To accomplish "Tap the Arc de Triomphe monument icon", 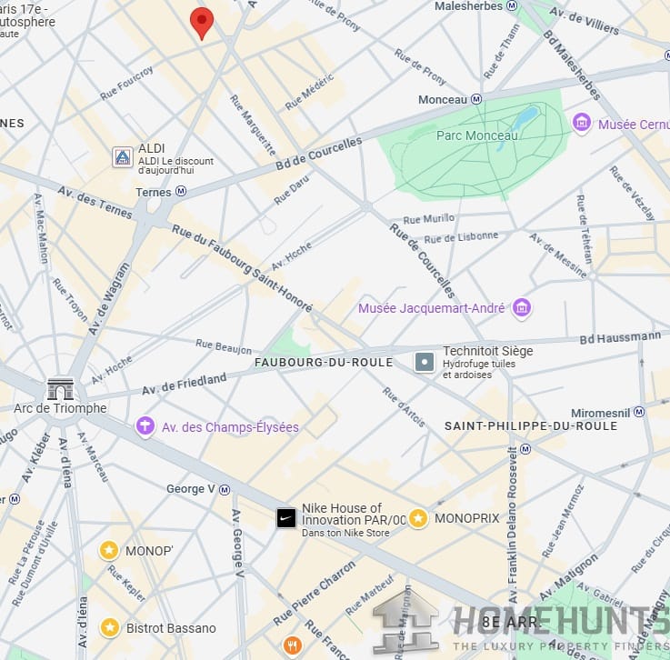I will (61, 388).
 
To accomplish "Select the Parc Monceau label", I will (476, 135).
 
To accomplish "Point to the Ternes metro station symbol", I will (182, 192).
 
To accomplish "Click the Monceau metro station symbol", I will (476, 99).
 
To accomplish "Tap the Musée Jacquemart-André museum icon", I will (521, 308).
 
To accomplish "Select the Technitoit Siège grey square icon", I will (425, 362).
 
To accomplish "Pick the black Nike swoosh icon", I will (286, 519).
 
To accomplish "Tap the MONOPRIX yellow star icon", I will (417, 518).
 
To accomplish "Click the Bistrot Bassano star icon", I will (110, 627).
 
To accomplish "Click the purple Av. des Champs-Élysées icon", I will (145, 426).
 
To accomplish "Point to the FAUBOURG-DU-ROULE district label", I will (324, 362).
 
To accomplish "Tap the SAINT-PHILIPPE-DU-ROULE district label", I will (530, 425).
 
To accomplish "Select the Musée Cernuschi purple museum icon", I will (582, 123).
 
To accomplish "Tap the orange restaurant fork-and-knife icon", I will (291, 646).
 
